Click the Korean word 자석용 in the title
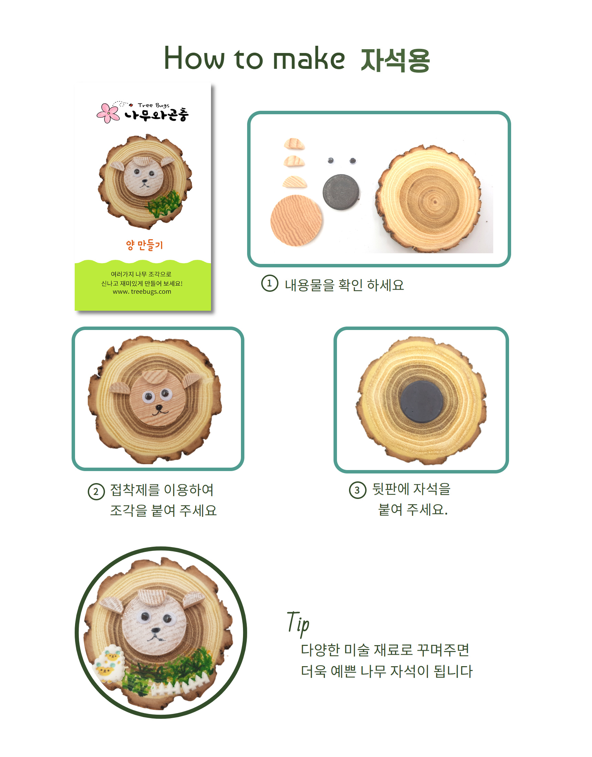tap(395, 60)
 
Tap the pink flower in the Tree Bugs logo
tap(108, 113)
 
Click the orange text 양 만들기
tap(144, 245)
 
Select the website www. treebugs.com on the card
tap(142, 292)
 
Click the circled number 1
tap(269, 283)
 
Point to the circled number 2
tap(96, 492)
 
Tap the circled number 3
tap(358, 490)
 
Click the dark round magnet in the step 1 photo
tap(341, 192)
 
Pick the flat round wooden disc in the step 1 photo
tap(297, 221)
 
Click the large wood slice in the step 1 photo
tap(429, 199)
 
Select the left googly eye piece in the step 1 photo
tap(331, 160)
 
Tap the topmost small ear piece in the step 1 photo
tap(294, 143)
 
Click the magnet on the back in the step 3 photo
tap(421, 401)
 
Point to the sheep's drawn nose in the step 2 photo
tap(159, 407)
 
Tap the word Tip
tap(298, 624)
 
